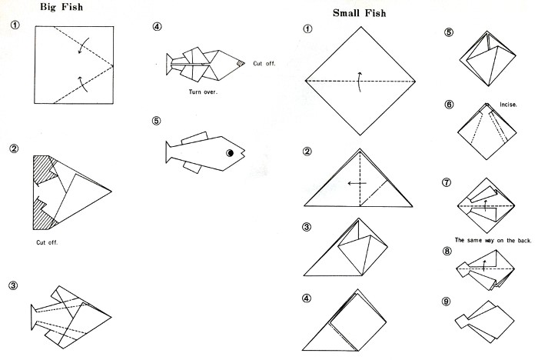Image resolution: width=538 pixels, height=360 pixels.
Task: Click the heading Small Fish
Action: click(360, 13)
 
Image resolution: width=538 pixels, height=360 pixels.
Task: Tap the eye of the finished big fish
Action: click(229, 154)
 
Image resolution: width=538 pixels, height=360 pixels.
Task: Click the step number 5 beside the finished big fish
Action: click(157, 122)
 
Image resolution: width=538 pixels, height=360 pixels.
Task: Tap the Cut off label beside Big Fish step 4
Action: click(264, 63)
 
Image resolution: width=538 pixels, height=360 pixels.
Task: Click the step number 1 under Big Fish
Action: click(14, 26)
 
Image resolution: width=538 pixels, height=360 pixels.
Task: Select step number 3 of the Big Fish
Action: click(14, 285)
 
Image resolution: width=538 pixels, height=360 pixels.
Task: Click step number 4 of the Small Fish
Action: click(307, 298)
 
